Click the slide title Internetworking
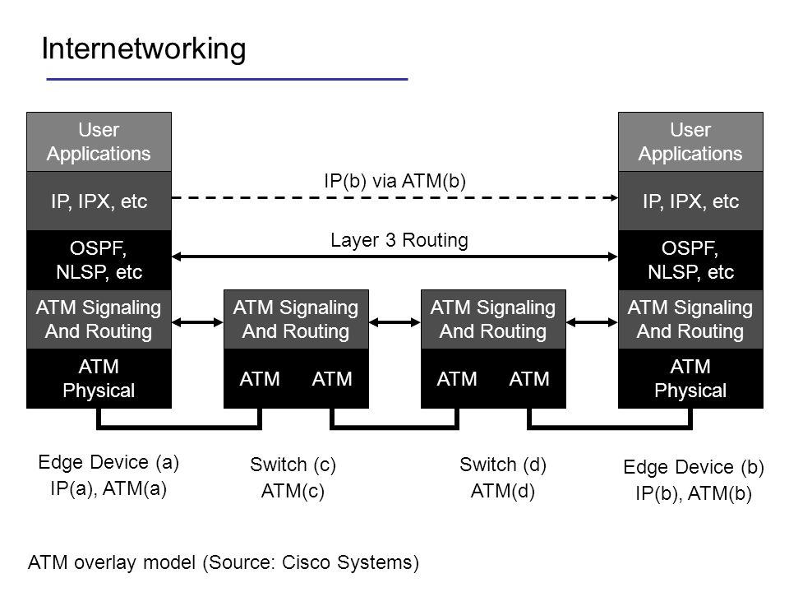click(143, 49)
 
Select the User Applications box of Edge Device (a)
click(99, 142)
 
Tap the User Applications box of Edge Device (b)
click(690, 142)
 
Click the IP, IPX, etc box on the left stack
click(99, 201)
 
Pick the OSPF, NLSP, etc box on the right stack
click(690, 261)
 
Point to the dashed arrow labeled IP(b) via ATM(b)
click(395, 198)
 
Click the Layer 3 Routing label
click(399, 240)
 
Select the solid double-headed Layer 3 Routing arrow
click(395, 257)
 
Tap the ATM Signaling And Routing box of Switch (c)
click(297, 319)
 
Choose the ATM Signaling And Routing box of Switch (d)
click(494, 319)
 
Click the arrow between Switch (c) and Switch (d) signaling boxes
click(395, 322)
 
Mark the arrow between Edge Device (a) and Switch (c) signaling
click(198, 322)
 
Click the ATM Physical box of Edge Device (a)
click(99, 378)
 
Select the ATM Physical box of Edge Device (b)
click(690, 378)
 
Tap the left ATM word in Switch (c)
click(260, 379)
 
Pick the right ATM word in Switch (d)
click(529, 379)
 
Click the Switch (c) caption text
click(293, 465)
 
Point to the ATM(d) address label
click(503, 491)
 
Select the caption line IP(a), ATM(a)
click(108, 488)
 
